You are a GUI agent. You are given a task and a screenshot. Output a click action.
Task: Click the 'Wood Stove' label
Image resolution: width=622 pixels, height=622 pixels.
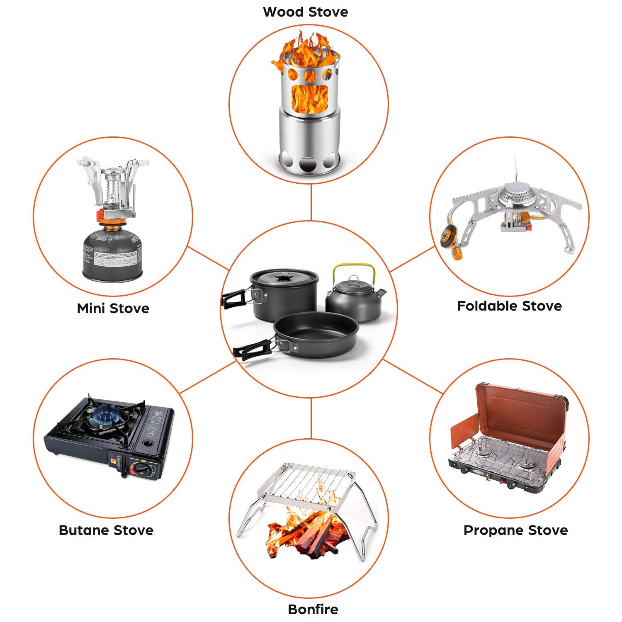click(x=306, y=12)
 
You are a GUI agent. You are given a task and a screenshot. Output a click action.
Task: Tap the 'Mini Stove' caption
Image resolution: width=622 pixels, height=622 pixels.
click(x=113, y=309)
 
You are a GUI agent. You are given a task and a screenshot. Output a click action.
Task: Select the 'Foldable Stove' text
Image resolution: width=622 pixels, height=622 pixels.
click(x=509, y=306)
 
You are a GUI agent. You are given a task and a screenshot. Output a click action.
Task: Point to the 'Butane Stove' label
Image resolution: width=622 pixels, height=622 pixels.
click(x=106, y=530)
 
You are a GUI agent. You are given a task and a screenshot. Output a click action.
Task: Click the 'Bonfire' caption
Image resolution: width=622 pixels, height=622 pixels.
click(x=313, y=609)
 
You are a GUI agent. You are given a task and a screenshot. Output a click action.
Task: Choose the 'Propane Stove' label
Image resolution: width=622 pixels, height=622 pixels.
click(x=515, y=530)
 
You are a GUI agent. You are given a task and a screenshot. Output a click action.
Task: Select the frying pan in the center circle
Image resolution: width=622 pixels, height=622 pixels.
click(x=315, y=332)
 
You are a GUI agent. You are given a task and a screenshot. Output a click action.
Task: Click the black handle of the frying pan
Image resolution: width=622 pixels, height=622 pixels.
click(x=251, y=349)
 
